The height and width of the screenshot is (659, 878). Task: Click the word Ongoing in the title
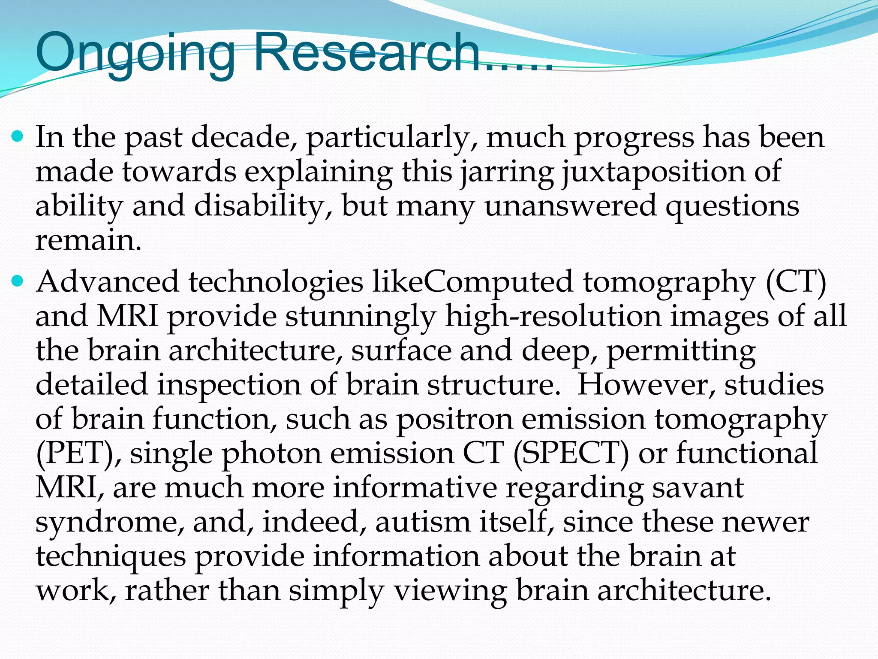135,54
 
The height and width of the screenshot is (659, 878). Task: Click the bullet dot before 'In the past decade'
17,137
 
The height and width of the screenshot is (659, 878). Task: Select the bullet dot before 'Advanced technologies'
17,282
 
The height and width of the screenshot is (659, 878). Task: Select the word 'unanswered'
570,206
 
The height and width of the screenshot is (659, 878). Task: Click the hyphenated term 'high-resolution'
553,317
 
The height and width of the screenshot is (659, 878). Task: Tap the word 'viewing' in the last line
450,591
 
